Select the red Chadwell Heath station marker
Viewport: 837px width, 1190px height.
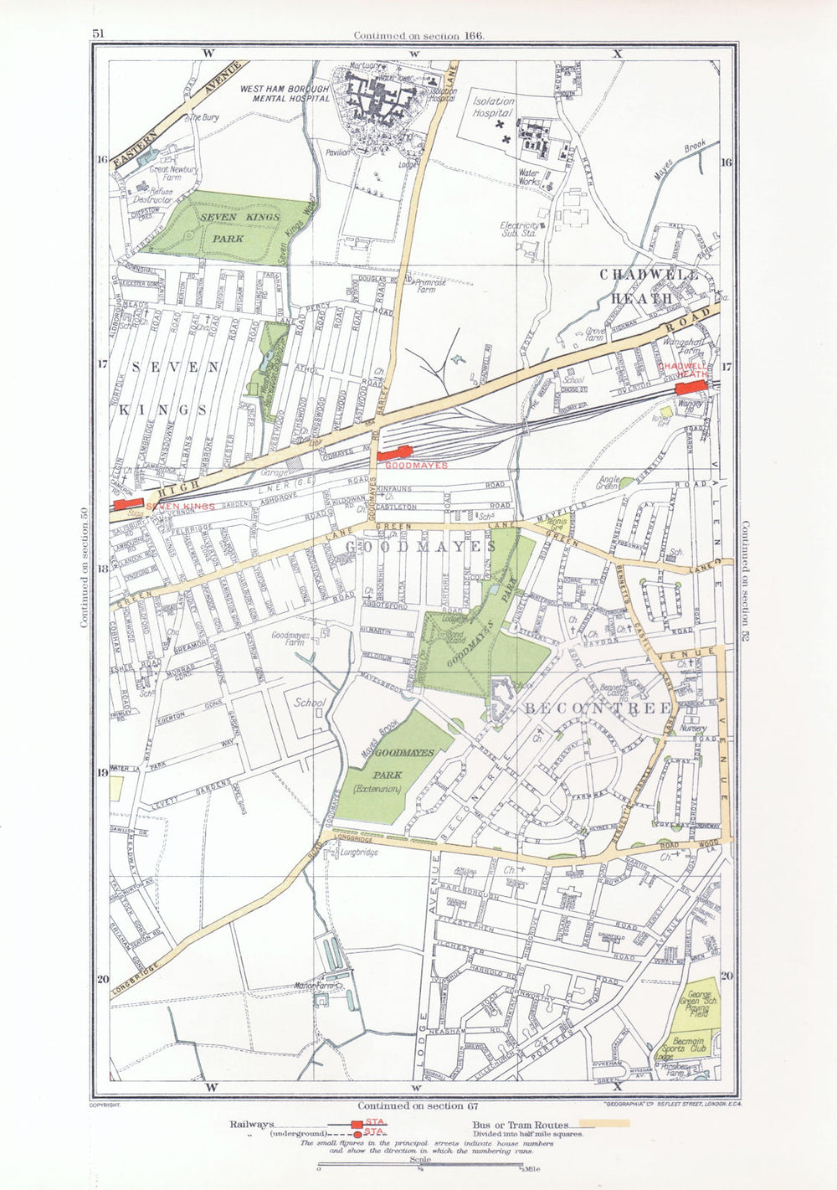(x=691, y=390)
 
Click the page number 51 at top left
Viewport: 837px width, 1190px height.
(x=98, y=34)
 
